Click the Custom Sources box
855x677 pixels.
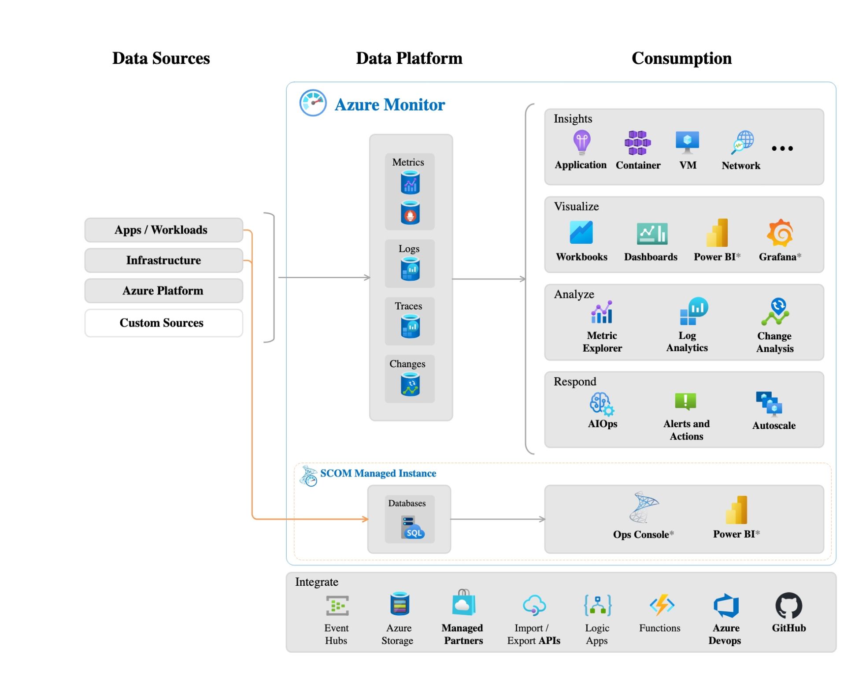click(163, 323)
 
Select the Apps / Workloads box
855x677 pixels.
click(163, 230)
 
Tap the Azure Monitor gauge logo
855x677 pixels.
click(313, 103)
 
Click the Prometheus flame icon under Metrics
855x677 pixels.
click(410, 213)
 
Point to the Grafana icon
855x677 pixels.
click(780, 233)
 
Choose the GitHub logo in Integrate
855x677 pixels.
click(788, 605)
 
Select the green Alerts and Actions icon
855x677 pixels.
click(685, 401)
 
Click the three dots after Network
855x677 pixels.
click(782, 149)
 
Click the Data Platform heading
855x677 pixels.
click(409, 58)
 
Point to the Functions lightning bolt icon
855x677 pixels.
click(662, 605)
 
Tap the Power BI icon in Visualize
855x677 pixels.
click(718, 233)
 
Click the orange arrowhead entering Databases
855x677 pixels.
click(365, 519)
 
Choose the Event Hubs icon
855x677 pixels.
click(337, 605)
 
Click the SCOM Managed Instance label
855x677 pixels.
click(378, 473)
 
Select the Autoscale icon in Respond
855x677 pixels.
click(769, 403)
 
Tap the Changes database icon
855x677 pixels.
click(410, 384)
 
